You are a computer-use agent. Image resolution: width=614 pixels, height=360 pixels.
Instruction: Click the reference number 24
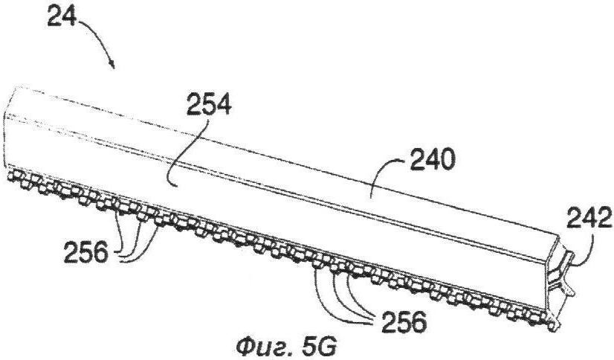(62, 16)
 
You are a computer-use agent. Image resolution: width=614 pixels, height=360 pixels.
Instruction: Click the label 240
(433, 160)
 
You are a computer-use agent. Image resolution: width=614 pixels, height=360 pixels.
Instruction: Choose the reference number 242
(589, 218)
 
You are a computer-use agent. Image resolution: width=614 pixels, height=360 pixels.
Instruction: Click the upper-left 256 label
(86, 252)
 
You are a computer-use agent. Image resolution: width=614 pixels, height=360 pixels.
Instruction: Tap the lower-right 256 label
(404, 322)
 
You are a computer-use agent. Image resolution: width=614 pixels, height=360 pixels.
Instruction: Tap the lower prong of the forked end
(568, 289)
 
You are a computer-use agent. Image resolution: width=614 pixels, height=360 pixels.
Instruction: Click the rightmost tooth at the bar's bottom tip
(553, 325)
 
